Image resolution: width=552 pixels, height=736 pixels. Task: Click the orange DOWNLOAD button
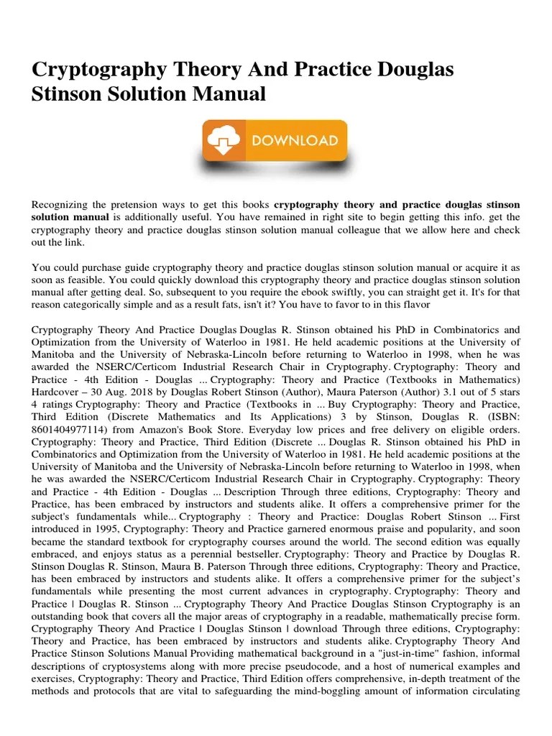pos(275,141)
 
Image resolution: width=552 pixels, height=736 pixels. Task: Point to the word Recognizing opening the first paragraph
pos(62,205)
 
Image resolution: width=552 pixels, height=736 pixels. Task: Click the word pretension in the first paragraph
pos(141,205)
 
